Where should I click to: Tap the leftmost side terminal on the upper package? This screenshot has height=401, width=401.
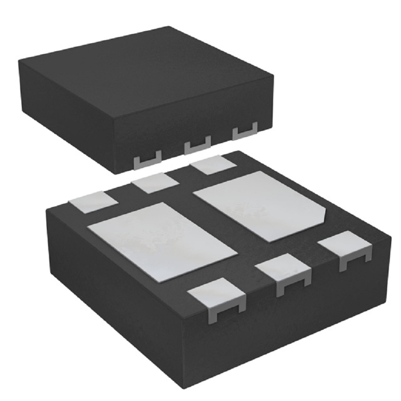pyautogui.click(x=147, y=161)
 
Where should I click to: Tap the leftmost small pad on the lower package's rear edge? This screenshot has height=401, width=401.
pyautogui.click(x=94, y=200)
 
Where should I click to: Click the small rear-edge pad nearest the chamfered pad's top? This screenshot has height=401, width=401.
pyautogui.click(x=213, y=165)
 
